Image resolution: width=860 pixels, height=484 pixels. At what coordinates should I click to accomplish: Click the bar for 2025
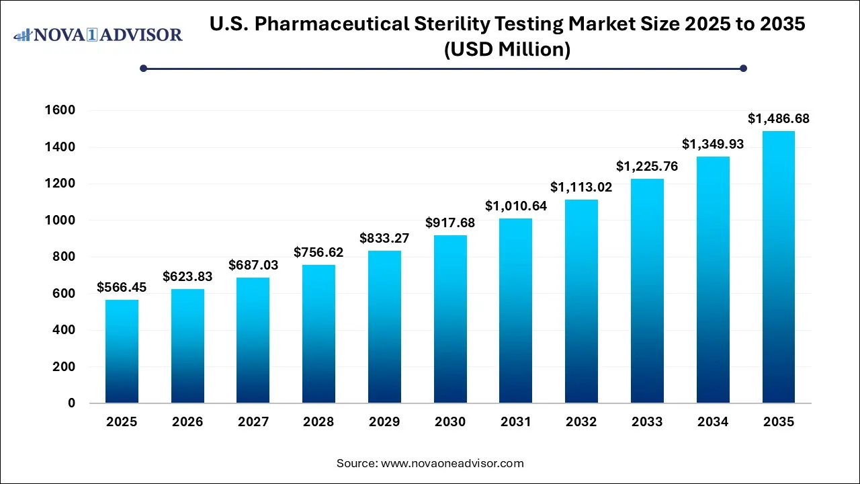tap(122, 352)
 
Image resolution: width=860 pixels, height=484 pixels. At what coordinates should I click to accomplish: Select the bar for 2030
tap(450, 319)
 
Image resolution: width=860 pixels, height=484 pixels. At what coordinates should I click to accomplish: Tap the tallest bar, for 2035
tap(778, 267)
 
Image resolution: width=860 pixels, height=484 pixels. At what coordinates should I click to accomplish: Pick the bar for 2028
tap(318, 334)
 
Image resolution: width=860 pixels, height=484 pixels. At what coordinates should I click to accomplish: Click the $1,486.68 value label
tap(778, 119)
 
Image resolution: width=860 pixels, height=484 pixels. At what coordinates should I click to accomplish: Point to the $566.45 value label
tap(122, 288)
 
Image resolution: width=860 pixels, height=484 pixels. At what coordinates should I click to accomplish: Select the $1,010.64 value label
tap(516, 206)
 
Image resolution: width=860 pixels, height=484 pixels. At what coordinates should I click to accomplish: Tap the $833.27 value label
tap(384, 239)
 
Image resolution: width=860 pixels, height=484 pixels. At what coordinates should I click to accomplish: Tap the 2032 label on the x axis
tap(581, 422)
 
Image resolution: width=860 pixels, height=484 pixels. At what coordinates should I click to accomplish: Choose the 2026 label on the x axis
tap(187, 422)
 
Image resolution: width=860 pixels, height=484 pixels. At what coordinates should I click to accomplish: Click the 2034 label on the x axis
tap(712, 422)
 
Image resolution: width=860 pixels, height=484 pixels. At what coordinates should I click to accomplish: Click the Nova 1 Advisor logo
tap(98, 34)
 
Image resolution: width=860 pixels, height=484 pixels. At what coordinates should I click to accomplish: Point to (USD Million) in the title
tap(507, 49)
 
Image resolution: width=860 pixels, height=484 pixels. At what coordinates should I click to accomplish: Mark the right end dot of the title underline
tap(743, 68)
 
